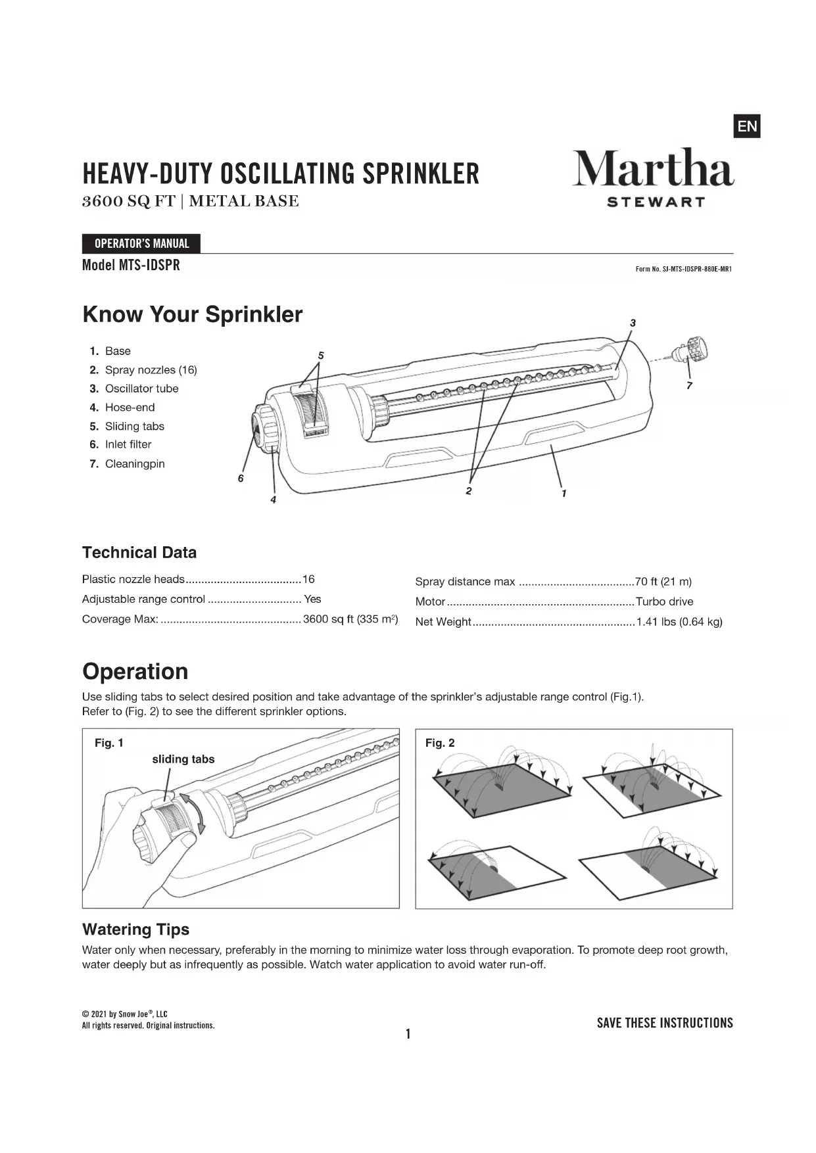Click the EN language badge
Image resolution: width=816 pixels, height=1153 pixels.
(746, 126)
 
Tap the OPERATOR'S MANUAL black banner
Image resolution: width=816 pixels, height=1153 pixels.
(141, 244)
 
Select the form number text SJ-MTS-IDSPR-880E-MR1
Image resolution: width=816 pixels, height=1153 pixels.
(683, 269)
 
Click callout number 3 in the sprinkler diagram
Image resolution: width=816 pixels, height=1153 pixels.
(633, 323)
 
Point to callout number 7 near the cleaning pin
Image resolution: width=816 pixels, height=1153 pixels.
(689, 386)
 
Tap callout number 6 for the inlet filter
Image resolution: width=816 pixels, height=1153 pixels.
(241, 479)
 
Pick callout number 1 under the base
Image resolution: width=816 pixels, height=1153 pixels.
(564, 493)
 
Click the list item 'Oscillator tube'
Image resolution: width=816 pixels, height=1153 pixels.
(141, 388)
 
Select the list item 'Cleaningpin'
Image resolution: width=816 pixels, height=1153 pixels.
(135, 464)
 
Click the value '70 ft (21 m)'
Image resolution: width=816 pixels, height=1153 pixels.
(663, 582)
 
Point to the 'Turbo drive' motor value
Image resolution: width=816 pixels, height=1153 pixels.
(664, 601)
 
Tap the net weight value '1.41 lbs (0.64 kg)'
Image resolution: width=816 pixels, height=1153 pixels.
(679, 622)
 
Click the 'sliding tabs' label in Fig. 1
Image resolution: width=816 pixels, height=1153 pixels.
(183, 759)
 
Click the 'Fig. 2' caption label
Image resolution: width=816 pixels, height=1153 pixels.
(440, 743)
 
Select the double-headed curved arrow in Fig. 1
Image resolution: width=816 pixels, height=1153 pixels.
(193, 812)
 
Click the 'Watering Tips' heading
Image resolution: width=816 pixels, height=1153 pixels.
(135, 929)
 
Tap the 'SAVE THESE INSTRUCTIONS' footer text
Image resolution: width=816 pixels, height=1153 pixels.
(665, 1023)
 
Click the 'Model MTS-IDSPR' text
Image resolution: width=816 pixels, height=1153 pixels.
(131, 266)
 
